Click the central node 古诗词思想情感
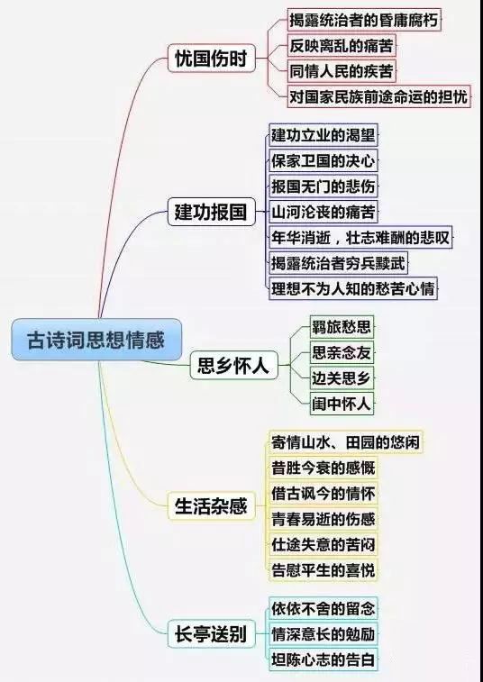[96, 340]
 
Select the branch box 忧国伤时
[211, 58]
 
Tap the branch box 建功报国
[211, 212]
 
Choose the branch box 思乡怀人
[233, 366]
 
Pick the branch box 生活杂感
[211, 505]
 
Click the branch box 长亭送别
[211, 633]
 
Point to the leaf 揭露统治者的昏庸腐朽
[364, 20]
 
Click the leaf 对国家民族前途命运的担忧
[379, 96]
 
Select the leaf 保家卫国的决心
[324, 160]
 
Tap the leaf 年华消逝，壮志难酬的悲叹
[360, 238]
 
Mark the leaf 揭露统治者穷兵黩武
[338, 263]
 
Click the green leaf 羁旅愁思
[342, 327]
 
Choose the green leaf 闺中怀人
[342, 404]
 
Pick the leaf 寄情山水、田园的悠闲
[346, 442]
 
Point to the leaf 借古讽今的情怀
[324, 493]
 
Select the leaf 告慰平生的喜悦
[324, 569]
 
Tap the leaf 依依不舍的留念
[324, 608]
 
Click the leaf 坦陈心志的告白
[324, 659]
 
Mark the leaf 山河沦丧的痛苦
[324, 212]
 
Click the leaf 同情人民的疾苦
[342, 71]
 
